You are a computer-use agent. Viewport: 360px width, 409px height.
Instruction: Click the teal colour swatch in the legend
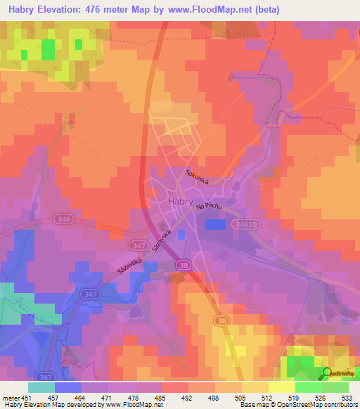[41, 387]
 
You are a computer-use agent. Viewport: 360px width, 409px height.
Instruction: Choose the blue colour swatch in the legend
[68, 387]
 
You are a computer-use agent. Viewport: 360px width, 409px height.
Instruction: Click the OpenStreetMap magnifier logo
[326, 373]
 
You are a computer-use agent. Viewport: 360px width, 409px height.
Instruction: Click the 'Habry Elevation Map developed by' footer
[56, 405]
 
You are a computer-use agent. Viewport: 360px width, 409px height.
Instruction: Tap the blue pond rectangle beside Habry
[216, 223]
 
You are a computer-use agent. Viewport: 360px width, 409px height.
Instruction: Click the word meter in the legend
[10, 397]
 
